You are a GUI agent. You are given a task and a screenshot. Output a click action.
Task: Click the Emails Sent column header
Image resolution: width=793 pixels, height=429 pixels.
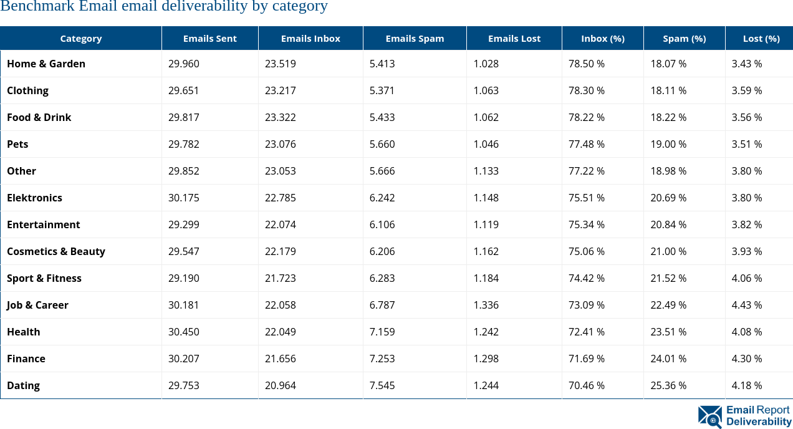click(x=209, y=38)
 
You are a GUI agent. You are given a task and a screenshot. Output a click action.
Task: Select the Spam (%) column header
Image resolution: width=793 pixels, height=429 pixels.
click(x=684, y=38)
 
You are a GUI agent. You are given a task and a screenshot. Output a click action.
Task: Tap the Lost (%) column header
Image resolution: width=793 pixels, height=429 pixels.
click(x=761, y=38)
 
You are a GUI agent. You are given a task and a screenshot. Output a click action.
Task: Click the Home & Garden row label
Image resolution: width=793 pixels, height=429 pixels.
click(x=46, y=64)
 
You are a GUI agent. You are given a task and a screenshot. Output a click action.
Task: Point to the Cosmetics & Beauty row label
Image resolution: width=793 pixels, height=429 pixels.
click(x=56, y=251)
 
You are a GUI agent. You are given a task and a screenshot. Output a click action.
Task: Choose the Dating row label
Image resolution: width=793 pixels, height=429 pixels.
click(x=24, y=385)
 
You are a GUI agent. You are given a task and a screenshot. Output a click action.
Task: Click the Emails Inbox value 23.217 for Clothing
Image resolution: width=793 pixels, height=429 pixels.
click(x=280, y=90)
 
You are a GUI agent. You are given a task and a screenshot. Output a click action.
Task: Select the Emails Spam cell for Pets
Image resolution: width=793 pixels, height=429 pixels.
click(x=382, y=144)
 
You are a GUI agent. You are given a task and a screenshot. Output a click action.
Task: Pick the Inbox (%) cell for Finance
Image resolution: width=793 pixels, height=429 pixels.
click(x=586, y=359)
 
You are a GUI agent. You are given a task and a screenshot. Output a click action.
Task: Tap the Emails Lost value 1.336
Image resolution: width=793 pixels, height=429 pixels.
click(x=486, y=305)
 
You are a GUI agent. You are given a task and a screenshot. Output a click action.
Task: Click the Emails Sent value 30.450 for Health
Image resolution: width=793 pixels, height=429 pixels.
click(x=183, y=332)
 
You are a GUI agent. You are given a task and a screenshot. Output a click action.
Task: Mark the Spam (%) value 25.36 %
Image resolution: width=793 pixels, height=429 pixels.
click(x=668, y=385)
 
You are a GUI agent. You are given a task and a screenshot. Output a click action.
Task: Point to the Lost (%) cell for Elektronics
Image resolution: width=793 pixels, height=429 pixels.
click(x=746, y=198)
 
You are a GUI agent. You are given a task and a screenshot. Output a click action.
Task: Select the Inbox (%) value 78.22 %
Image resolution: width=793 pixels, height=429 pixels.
click(x=586, y=117)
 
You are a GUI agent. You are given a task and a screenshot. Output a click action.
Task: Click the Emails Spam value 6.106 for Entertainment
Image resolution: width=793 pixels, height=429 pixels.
click(x=382, y=224)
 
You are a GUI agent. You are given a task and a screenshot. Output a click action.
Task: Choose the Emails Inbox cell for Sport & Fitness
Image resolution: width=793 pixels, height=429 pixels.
click(x=280, y=278)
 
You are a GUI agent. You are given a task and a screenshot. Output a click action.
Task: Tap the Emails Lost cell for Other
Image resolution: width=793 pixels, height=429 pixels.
click(x=486, y=171)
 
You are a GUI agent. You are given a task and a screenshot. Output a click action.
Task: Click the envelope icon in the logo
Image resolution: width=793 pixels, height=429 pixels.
click(x=710, y=416)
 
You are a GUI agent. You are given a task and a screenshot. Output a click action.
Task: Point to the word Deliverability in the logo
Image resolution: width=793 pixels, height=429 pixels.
click(x=758, y=422)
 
